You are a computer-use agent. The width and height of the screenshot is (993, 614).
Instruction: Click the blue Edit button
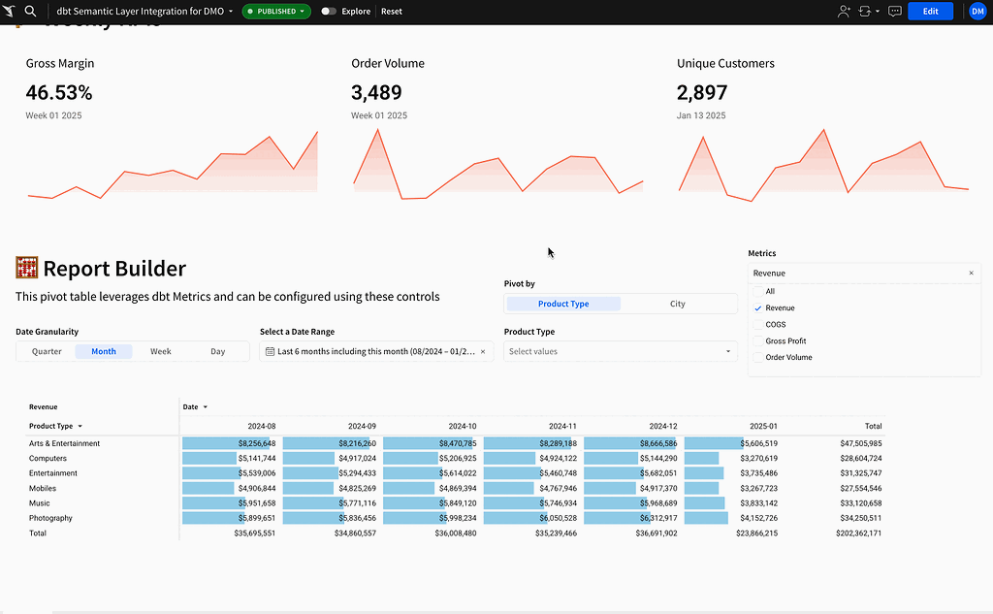930,11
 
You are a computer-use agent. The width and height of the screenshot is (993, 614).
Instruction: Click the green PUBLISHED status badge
276,12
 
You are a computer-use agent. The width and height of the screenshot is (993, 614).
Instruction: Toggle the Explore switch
329,12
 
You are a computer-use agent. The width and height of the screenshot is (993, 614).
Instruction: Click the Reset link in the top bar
392,12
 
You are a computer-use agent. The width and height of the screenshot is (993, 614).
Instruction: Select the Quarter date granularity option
47,351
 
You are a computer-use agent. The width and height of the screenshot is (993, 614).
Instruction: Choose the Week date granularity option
161,351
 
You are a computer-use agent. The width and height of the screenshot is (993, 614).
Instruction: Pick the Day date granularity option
218,351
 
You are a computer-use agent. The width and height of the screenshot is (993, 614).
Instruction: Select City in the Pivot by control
677,304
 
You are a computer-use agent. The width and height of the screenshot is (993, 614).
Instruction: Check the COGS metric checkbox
758,325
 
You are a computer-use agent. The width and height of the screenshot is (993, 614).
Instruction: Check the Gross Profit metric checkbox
758,341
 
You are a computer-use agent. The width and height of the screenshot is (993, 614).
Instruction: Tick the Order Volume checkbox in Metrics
758,358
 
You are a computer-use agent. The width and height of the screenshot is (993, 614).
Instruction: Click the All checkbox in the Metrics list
758,292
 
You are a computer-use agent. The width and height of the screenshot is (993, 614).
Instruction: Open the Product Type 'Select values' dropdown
621,351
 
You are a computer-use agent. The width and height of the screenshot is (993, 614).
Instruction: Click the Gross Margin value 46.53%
59,93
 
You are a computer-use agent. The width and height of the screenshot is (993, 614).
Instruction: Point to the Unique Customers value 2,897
701,93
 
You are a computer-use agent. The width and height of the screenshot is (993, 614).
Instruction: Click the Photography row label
50,518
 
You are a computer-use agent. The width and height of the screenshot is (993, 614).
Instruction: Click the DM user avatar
977,11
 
